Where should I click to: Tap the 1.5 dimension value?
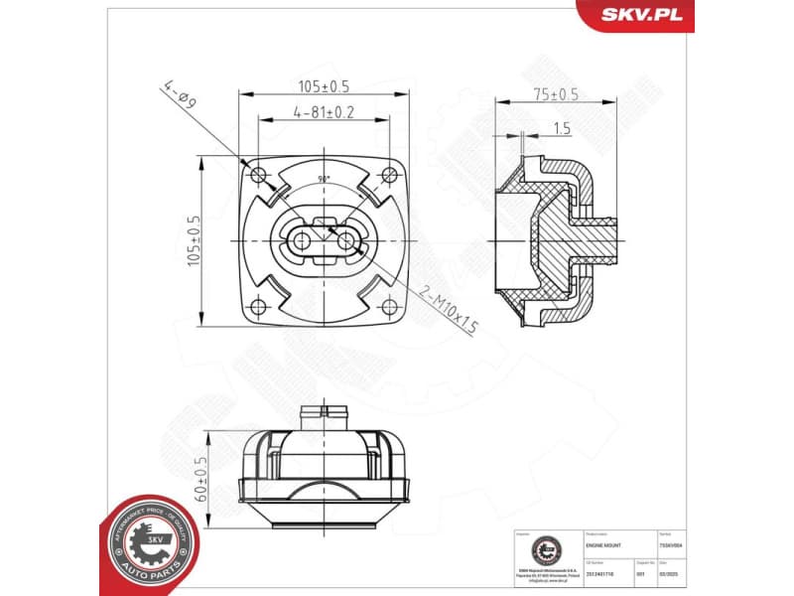coord(561,128)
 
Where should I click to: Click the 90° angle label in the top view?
coord(324,179)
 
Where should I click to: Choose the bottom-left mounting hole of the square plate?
coord(260,306)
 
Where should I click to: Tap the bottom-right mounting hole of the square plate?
coord(388,306)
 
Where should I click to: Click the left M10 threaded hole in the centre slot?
coord(302,240)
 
